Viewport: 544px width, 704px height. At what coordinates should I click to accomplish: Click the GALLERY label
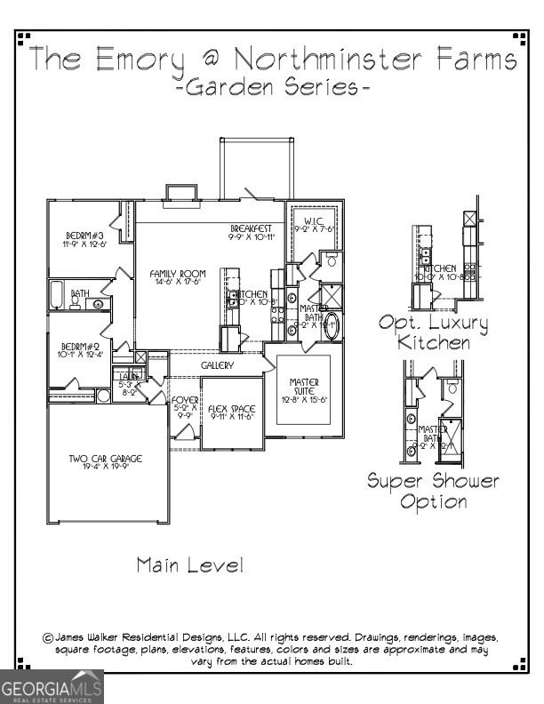click(x=217, y=365)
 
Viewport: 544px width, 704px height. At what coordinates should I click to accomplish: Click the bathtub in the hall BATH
click(x=56, y=294)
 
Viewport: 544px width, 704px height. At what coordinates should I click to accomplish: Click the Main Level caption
click(x=189, y=564)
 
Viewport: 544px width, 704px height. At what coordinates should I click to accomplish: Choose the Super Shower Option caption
click(x=434, y=491)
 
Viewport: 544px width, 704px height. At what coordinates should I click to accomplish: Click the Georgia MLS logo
click(x=52, y=687)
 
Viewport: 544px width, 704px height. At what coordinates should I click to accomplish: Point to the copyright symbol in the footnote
click(x=48, y=637)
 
